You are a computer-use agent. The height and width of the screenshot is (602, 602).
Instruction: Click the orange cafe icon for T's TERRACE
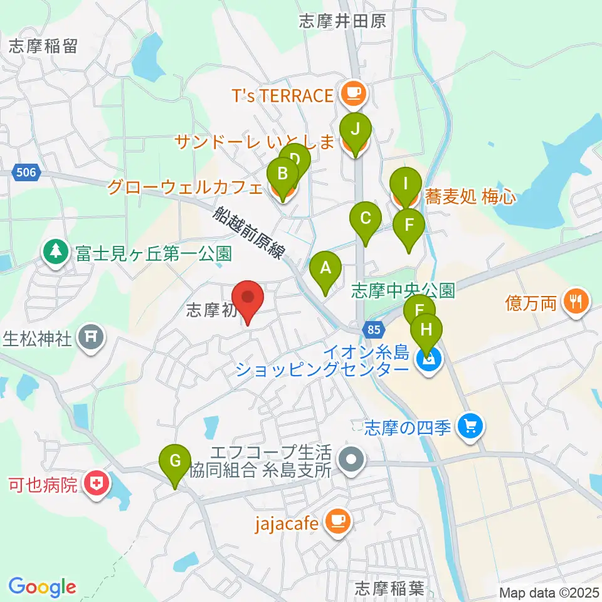[352, 95]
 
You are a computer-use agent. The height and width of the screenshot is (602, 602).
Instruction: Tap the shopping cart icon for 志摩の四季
[469, 426]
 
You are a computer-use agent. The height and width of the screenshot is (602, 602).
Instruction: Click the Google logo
[42, 586]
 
